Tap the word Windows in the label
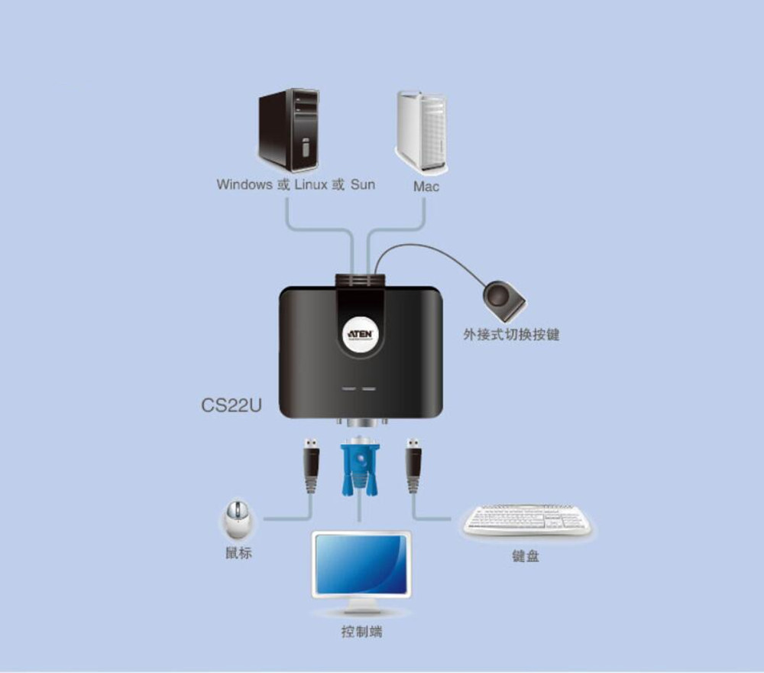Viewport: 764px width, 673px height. point(244,184)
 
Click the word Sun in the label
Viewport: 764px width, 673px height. point(362,184)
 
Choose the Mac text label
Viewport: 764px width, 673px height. point(426,186)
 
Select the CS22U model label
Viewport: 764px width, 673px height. point(231,405)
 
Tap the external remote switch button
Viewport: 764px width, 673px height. point(504,301)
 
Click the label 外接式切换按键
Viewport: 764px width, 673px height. point(511,334)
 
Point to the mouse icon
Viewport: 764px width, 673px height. point(238,520)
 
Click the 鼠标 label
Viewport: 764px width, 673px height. point(238,553)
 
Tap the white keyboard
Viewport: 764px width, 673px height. point(527,519)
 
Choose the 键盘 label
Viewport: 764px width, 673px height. point(525,556)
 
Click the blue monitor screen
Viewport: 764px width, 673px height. point(361,564)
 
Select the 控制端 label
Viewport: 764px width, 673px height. point(361,632)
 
